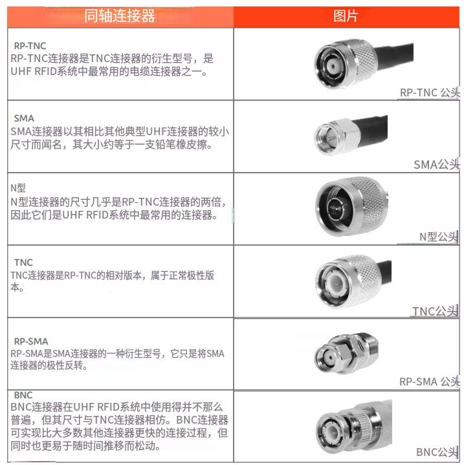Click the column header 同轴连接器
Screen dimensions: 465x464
(x=120, y=16)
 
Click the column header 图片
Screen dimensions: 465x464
(x=346, y=16)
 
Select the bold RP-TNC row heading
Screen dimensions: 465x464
(x=30, y=46)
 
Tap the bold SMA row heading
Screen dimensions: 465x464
(x=24, y=118)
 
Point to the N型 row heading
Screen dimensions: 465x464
(x=18, y=188)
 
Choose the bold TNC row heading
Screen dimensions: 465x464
(x=23, y=263)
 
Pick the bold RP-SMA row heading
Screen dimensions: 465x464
(x=31, y=341)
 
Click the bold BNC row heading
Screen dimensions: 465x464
(x=22, y=395)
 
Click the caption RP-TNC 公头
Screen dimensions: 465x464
(x=429, y=92)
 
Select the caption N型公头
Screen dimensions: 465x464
(x=439, y=237)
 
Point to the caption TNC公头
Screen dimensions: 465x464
(x=436, y=312)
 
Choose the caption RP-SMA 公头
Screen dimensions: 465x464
(x=429, y=382)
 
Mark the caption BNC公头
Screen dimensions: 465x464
(x=437, y=451)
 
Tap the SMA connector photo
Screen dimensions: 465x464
(x=356, y=136)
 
